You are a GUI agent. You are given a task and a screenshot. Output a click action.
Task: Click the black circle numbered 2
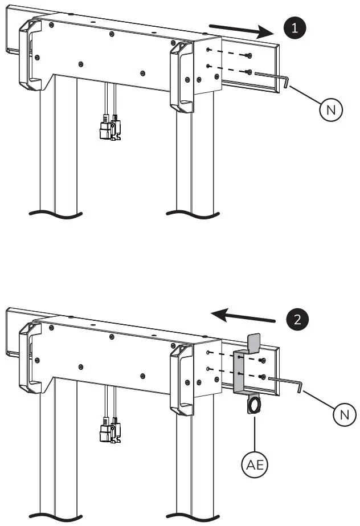click(294, 319)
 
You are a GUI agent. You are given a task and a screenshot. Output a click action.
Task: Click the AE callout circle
click(255, 465)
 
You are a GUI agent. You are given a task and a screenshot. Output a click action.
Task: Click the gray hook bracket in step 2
click(240, 370)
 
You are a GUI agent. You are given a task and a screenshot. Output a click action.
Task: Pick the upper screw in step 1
click(249, 55)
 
